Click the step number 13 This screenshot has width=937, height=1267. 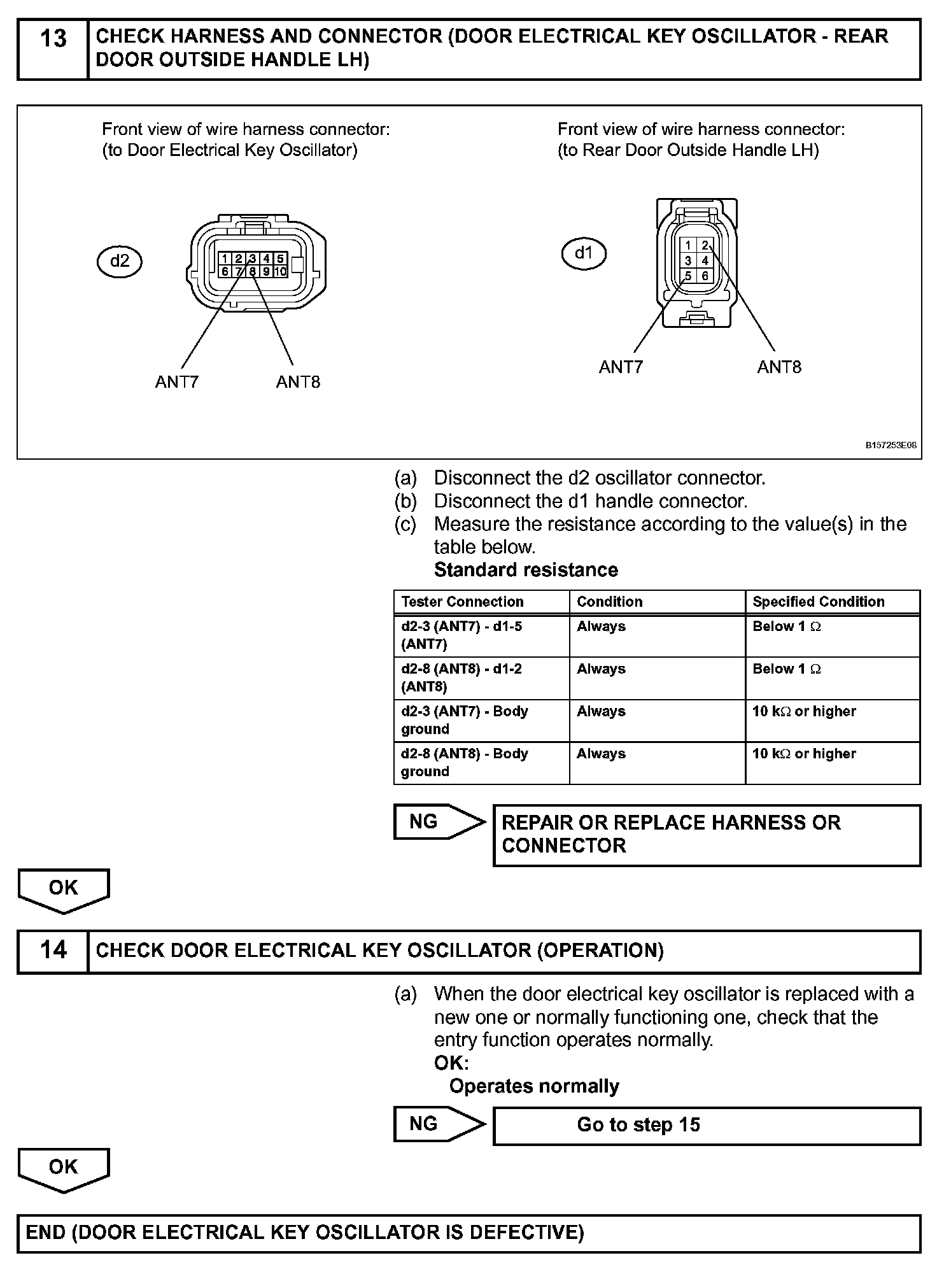click(x=53, y=39)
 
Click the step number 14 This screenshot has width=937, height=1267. click(x=53, y=950)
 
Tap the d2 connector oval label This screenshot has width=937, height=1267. click(x=119, y=261)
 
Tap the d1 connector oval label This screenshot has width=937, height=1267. click(x=583, y=253)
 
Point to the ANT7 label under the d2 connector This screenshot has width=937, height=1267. click(x=177, y=382)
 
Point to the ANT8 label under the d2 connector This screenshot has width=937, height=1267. click(x=298, y=382)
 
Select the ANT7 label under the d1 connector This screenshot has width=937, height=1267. click(x=621, y=367)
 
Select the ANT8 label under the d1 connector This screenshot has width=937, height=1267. click(x=779, y=367)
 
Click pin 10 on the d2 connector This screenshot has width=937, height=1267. click(x=280, y=272)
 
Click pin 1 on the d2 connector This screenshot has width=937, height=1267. click(x=225, y=259)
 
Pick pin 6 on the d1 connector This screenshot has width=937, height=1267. click(x=705, y=276)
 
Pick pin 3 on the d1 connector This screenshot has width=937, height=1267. click(x=688, y=260)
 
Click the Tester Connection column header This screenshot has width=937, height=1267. click(x=462, y=602)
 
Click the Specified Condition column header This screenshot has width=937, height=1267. click(x=818, y=602)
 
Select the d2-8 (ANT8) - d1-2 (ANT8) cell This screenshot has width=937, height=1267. click(x=461, y=677)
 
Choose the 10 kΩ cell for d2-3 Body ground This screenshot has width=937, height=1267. click(x=804, y=711)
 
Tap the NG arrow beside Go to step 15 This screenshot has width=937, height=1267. click(x=438, y=1124)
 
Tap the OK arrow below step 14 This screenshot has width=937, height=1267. click(x=63, y=1169)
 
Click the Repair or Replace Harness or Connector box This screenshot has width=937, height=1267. click(x=707, y=835)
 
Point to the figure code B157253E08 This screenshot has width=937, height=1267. click(x=891, y=446)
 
